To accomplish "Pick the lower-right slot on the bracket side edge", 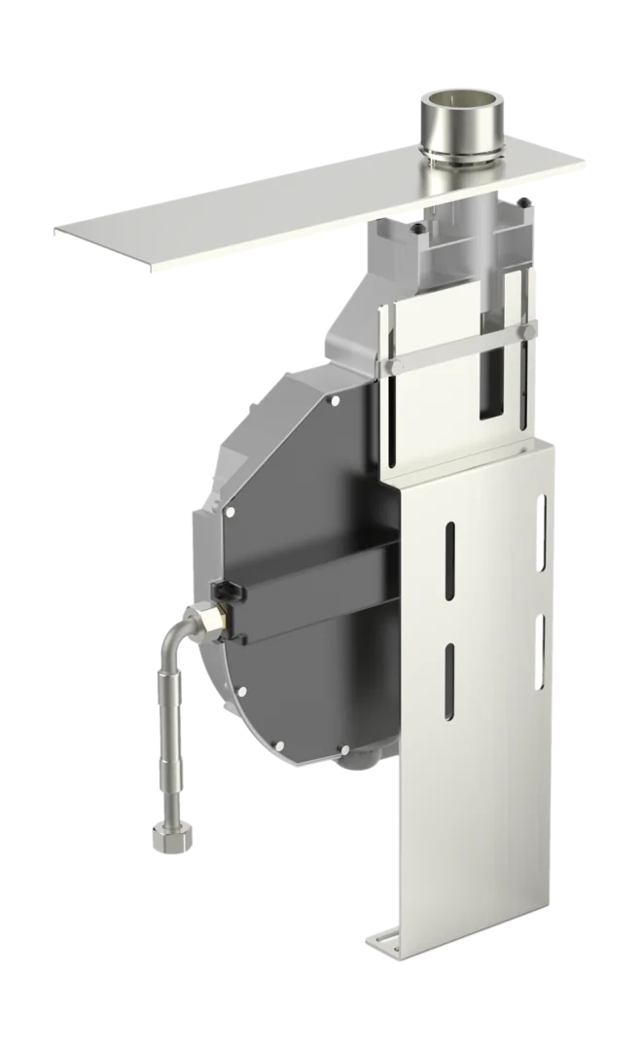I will coord(541,648).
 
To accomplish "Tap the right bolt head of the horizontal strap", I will coord(526,335).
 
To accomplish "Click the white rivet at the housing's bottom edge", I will coord(343,746).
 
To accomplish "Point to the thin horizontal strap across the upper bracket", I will coord(457,350).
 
